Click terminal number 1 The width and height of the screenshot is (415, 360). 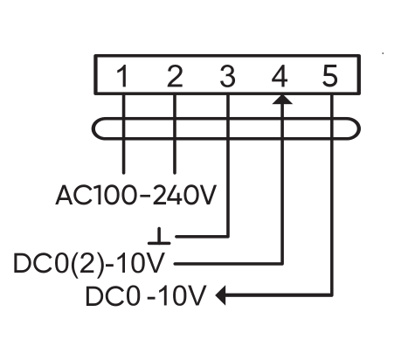(x=123, y=76)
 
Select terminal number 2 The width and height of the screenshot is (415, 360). (x=175, y=76)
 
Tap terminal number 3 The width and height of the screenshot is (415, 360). (x=227, y=76)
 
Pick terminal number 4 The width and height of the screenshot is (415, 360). (x=280, y=76)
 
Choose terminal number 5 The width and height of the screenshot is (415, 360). (x=330, y=76)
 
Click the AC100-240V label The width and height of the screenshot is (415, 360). (x=136, y=195)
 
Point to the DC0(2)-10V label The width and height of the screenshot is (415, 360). (x=89, y=264)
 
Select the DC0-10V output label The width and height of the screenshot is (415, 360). (x=146, y=295)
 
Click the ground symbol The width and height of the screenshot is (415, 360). (x=159, y=236)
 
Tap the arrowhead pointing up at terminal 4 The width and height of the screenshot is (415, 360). (x=282, y=99)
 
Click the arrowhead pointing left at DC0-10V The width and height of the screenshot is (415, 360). (x=220, y=295)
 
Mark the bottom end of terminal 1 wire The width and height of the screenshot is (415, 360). (x=124, y=173)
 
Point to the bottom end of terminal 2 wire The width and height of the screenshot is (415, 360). (x=175, y=173)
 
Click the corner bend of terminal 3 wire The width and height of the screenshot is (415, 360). (x=228, y=236)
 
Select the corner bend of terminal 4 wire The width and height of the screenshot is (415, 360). (x=282, y=264)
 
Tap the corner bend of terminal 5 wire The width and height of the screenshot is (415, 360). (x=332, y=295)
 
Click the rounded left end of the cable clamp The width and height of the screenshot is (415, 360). (x=93, y=128)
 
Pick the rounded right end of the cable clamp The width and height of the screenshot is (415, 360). (x=359, y=128)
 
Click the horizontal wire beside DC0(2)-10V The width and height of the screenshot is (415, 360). (x=228, y=264)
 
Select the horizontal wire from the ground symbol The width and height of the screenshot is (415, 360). (x=202, y=236)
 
